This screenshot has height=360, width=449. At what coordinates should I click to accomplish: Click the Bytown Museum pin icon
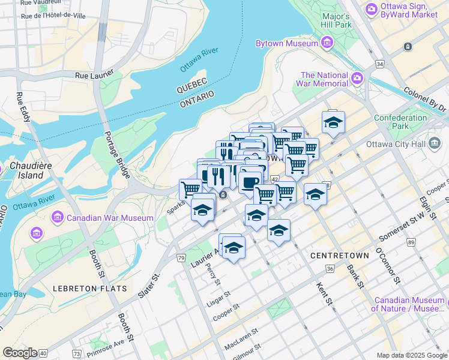(x=327, y=43)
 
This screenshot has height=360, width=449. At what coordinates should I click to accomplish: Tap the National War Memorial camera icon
(x=358, y=79)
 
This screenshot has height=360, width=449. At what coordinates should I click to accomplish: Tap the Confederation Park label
(x=400, y=122)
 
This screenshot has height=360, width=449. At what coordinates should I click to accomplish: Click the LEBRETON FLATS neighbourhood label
(x=89, y=288)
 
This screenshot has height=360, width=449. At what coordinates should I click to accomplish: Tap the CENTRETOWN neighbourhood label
(x=340, y=256)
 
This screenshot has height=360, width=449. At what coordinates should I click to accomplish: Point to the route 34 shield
(x=379, y=63)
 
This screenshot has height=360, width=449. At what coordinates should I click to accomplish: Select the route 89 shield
(x=411, y=242)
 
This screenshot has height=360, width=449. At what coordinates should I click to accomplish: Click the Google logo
(x=20, y=353)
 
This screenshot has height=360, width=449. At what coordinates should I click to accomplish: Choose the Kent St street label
(x=324, y=293)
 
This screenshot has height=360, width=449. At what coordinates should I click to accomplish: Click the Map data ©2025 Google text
(x=411, y=355)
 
